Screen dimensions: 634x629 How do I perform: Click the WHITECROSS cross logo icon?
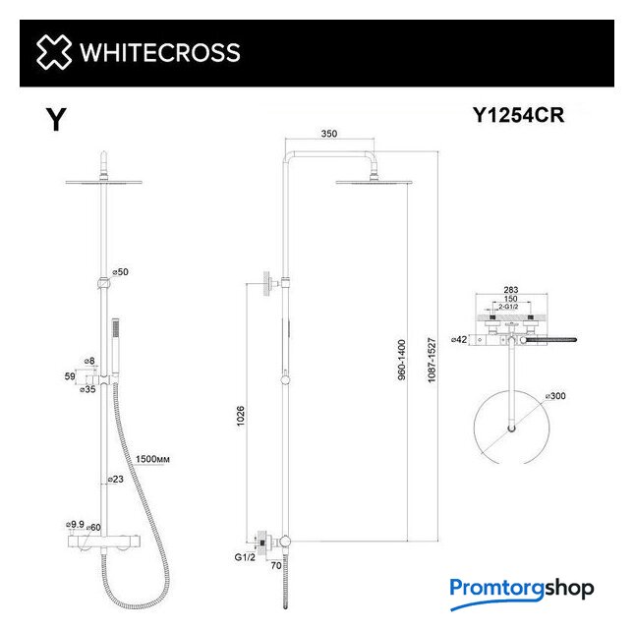[x=54, y=52]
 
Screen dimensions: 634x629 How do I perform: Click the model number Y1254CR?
[x=518, y=115]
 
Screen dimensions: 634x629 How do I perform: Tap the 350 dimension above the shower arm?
[x=328, y=134]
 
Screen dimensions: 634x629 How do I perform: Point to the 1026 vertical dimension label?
[x=240, y=416]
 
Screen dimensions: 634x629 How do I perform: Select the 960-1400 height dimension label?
[x=401, y=360]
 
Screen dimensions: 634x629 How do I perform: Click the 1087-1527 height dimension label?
[x=432, y=360]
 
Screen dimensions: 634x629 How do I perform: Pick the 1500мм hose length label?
[x=152, y=459]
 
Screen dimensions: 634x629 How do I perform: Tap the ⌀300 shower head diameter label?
[x=555, y=396]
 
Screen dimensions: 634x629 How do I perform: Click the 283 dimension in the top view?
[x=511, y=290]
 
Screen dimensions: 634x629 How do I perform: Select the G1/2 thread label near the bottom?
[x=245, y=557]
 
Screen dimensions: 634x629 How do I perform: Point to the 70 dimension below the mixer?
[x=276, y=565]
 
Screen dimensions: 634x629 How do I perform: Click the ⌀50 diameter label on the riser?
[x=120, y=272]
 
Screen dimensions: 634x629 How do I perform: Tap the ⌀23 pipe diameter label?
[x=115, y=479]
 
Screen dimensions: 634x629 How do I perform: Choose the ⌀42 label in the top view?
[x=459, y=340]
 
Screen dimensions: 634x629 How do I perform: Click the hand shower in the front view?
[x=116, y=349]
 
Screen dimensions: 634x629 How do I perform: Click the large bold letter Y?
[x=56, y=119]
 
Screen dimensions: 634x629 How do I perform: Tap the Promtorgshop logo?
[x=522, y=593]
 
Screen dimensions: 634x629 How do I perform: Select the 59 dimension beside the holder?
[x=70, y=376]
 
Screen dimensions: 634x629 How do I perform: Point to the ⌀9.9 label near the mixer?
[x=75, y=525]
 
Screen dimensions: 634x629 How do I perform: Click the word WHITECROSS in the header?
[x=160, y=52]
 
